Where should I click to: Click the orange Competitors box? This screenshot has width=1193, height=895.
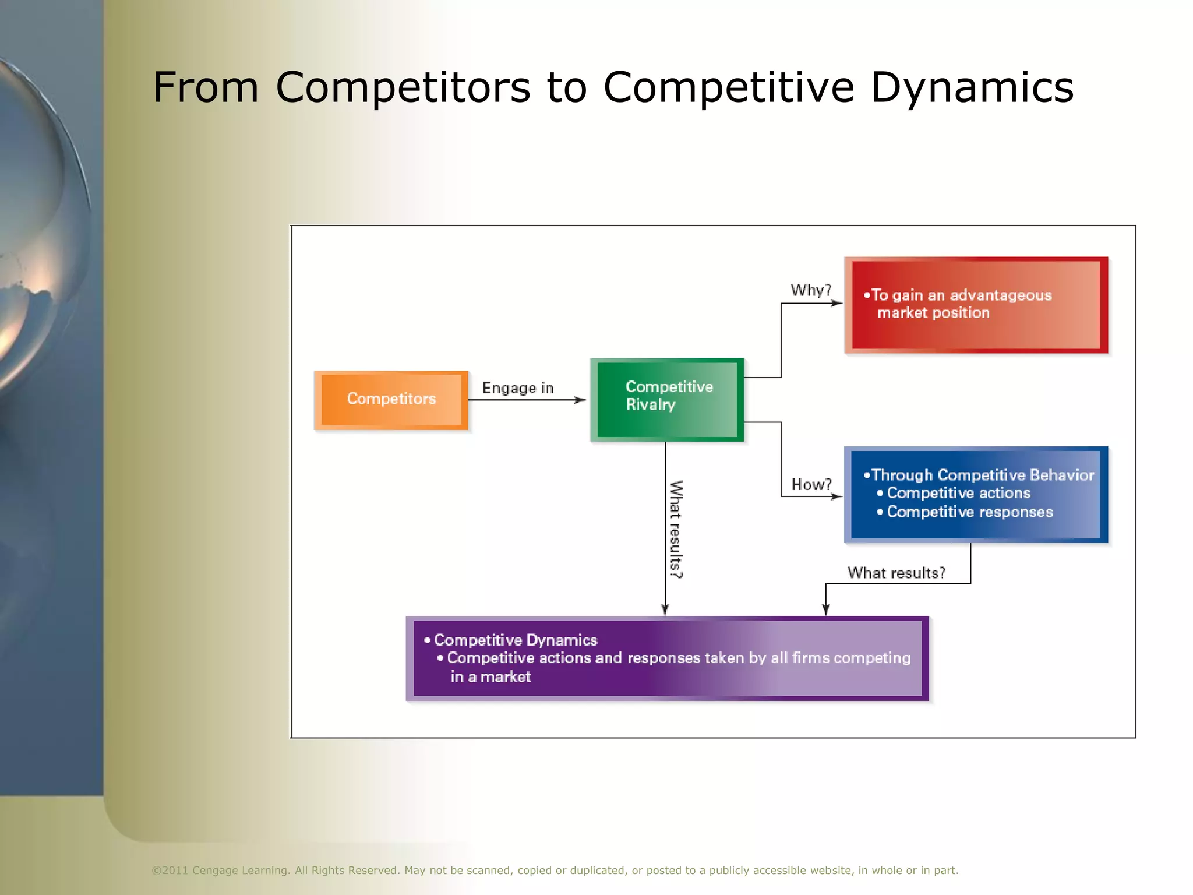coord(391,400)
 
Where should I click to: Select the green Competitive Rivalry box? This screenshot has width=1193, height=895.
coord(667,399)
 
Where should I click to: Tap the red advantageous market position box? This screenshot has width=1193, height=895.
coord(976,305)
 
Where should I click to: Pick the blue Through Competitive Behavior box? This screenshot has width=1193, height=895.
coord(976,494)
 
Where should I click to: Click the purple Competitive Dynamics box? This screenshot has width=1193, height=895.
coord(667,658)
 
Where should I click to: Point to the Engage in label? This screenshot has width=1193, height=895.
coord(518,388)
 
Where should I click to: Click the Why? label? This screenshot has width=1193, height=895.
coord(811,290)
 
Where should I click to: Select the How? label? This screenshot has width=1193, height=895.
coord(811,484)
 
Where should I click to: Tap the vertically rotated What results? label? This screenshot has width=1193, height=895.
coord(676,529)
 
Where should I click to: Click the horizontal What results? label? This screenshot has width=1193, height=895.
coord(896,573)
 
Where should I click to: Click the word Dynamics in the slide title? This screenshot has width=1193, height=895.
coord(972,87)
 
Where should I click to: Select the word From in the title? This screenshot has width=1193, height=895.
coord(206,87)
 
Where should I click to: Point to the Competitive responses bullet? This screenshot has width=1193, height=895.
coord(969,512)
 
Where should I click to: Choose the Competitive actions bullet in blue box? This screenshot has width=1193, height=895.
coord(958,493)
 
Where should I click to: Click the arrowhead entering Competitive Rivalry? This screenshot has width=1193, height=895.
coord(580,400)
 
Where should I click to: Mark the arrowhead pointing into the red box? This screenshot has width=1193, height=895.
coord(837,303)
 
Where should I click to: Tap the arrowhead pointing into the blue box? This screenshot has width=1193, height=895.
coord(837,496)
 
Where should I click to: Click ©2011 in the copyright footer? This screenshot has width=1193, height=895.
coord(170,871)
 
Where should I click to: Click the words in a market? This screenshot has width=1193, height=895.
coord(490,676)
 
